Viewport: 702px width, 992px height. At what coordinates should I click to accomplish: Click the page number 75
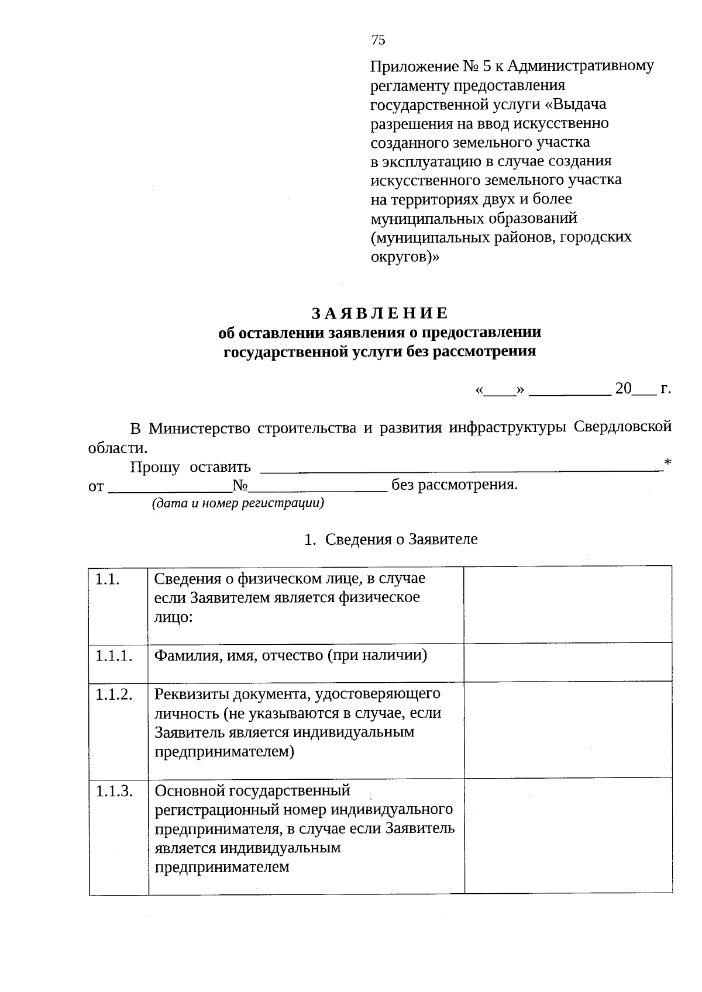378,40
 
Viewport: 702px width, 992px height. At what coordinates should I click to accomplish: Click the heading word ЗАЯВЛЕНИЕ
379,314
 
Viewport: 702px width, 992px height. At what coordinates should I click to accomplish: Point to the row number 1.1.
108,579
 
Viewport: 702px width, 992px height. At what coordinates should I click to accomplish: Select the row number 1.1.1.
112,656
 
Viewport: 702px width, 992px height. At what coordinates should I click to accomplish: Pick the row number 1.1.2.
113,694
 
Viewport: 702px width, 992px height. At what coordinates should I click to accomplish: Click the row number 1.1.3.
113,791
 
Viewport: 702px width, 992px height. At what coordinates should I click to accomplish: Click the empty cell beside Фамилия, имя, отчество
567,662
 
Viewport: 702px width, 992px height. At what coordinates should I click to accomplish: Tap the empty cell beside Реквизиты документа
567,729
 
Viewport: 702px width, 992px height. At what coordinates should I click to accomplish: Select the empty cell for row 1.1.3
567,835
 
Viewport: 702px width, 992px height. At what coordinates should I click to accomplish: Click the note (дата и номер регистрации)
238,503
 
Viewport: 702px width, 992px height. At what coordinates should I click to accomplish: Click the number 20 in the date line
624,389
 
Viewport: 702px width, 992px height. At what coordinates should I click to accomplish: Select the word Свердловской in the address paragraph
622,428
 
